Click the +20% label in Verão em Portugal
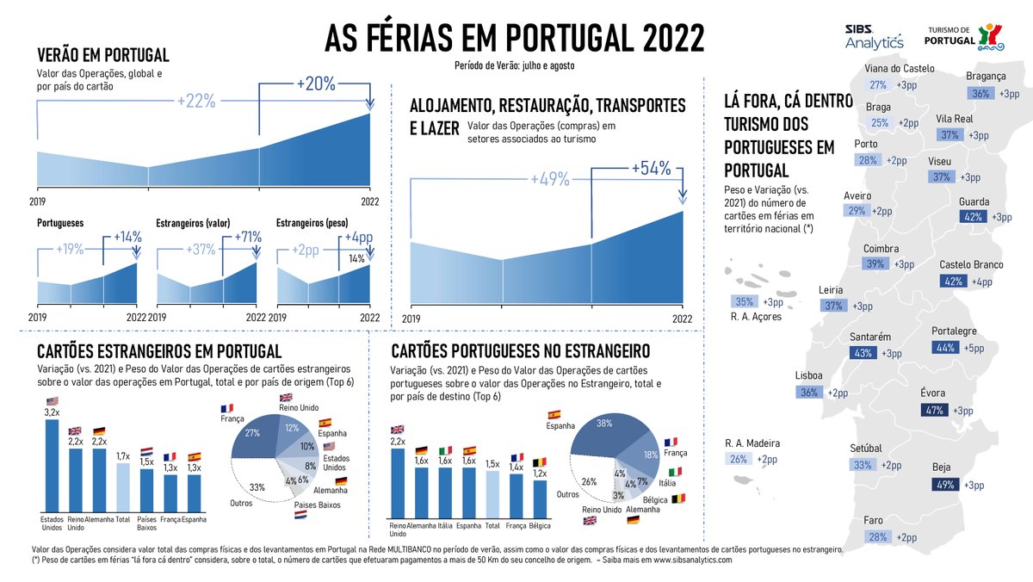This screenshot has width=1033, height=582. click(316, 84)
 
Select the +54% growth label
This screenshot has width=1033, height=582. click(651, 168)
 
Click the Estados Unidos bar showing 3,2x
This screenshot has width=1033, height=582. click(52, 465)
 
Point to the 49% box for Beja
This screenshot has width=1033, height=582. click(944, 485)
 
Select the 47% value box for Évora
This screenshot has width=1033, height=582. click(935, 411)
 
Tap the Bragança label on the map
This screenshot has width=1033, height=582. click(986, 76)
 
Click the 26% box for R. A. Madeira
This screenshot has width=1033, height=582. click(739, 459)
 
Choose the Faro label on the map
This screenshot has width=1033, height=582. click(874, 520)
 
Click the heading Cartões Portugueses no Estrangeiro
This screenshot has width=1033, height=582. click(520, 350)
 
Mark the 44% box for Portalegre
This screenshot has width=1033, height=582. click(944, 348)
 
